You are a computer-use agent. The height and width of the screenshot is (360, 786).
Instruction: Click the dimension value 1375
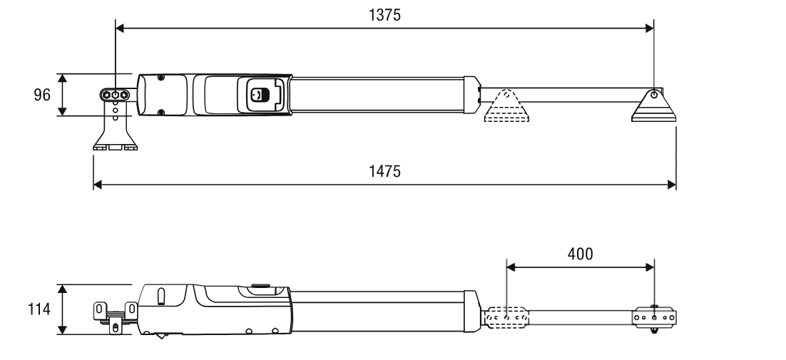[x=384, y=15]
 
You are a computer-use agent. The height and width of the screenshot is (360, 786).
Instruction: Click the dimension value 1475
[x=384, y=171]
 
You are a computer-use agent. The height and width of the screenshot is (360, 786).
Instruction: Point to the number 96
[x=42, y=95]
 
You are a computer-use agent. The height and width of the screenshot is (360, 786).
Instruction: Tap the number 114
[x=39, y=309]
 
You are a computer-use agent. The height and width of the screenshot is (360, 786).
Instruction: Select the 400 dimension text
[x=580, y=254]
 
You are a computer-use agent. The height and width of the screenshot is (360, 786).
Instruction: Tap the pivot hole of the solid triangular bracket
[x=653, y=94]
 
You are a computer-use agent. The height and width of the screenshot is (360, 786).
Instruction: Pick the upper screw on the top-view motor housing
[x=161, y=78]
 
